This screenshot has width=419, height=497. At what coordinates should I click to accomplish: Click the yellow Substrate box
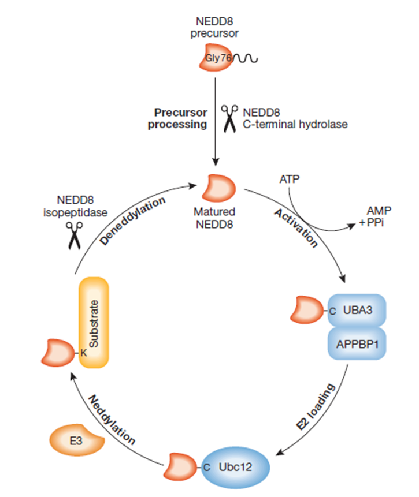[x=94, y=323]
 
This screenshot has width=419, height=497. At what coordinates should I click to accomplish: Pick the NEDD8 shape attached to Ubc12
[x=184, y=465]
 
